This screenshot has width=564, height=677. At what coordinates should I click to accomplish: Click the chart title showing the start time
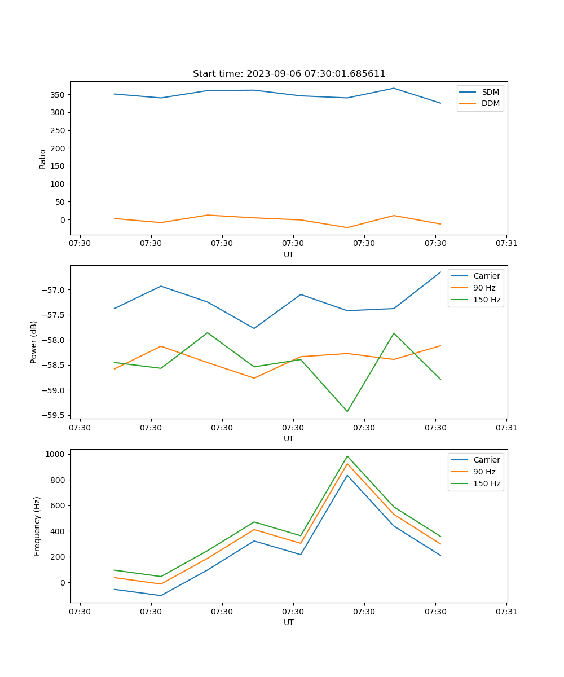click(x=289, y=74)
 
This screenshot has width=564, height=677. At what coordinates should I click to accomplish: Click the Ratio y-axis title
click(x=43, y=159)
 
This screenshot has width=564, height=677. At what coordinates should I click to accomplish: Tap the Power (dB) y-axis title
click(x=34, y=342)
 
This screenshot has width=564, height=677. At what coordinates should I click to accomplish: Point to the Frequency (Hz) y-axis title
click(x=37, y=526)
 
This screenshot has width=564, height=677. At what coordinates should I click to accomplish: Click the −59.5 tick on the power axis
click(x=52, y=416)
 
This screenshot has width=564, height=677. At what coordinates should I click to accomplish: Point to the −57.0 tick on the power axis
click(x=52, y=291)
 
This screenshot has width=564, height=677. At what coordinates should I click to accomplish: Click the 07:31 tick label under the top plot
click(x=506, y=244)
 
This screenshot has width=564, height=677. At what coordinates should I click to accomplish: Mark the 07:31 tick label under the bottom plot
click(x=506, y=612)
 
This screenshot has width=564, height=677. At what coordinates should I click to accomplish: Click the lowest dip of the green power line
click(x=347, y=411)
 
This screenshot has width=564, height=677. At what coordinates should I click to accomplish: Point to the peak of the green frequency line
click(x=347, y=456)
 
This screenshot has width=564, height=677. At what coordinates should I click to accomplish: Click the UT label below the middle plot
click(x=289, y=438)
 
